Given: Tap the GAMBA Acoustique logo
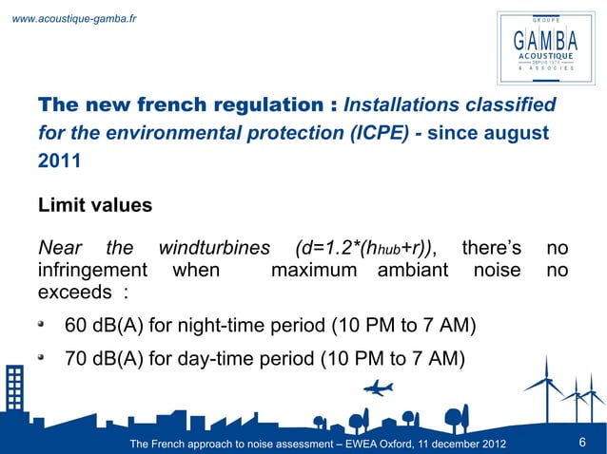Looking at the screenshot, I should click(545, 45).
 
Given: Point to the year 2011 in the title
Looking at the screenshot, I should click(59, 160).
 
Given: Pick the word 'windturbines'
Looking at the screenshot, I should click(213, 249).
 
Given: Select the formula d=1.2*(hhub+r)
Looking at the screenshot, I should click(366, 249).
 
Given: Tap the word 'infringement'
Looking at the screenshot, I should click(92, 271).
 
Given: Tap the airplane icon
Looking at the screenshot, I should click(378, 388).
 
